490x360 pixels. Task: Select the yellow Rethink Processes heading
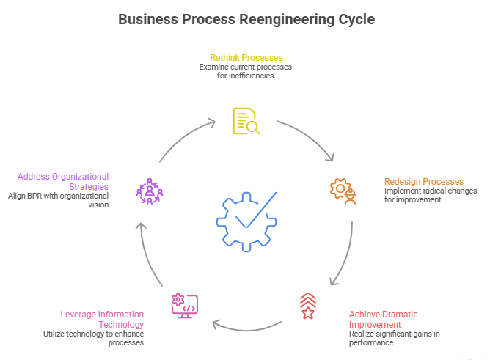pos(246,57)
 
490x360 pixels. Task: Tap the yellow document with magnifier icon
pos(246,121)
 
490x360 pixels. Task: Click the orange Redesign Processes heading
pos(424,181)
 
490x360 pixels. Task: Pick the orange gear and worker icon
pos(343,191)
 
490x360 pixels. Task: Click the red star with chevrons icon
pos(308,306)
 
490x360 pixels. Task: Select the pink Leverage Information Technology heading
pos(102,319)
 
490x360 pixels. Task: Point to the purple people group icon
pos(150,191)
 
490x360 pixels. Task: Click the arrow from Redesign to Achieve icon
pos(345,253)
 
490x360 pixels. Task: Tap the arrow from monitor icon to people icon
pos(147,253)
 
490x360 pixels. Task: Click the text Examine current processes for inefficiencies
pos(246,71)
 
